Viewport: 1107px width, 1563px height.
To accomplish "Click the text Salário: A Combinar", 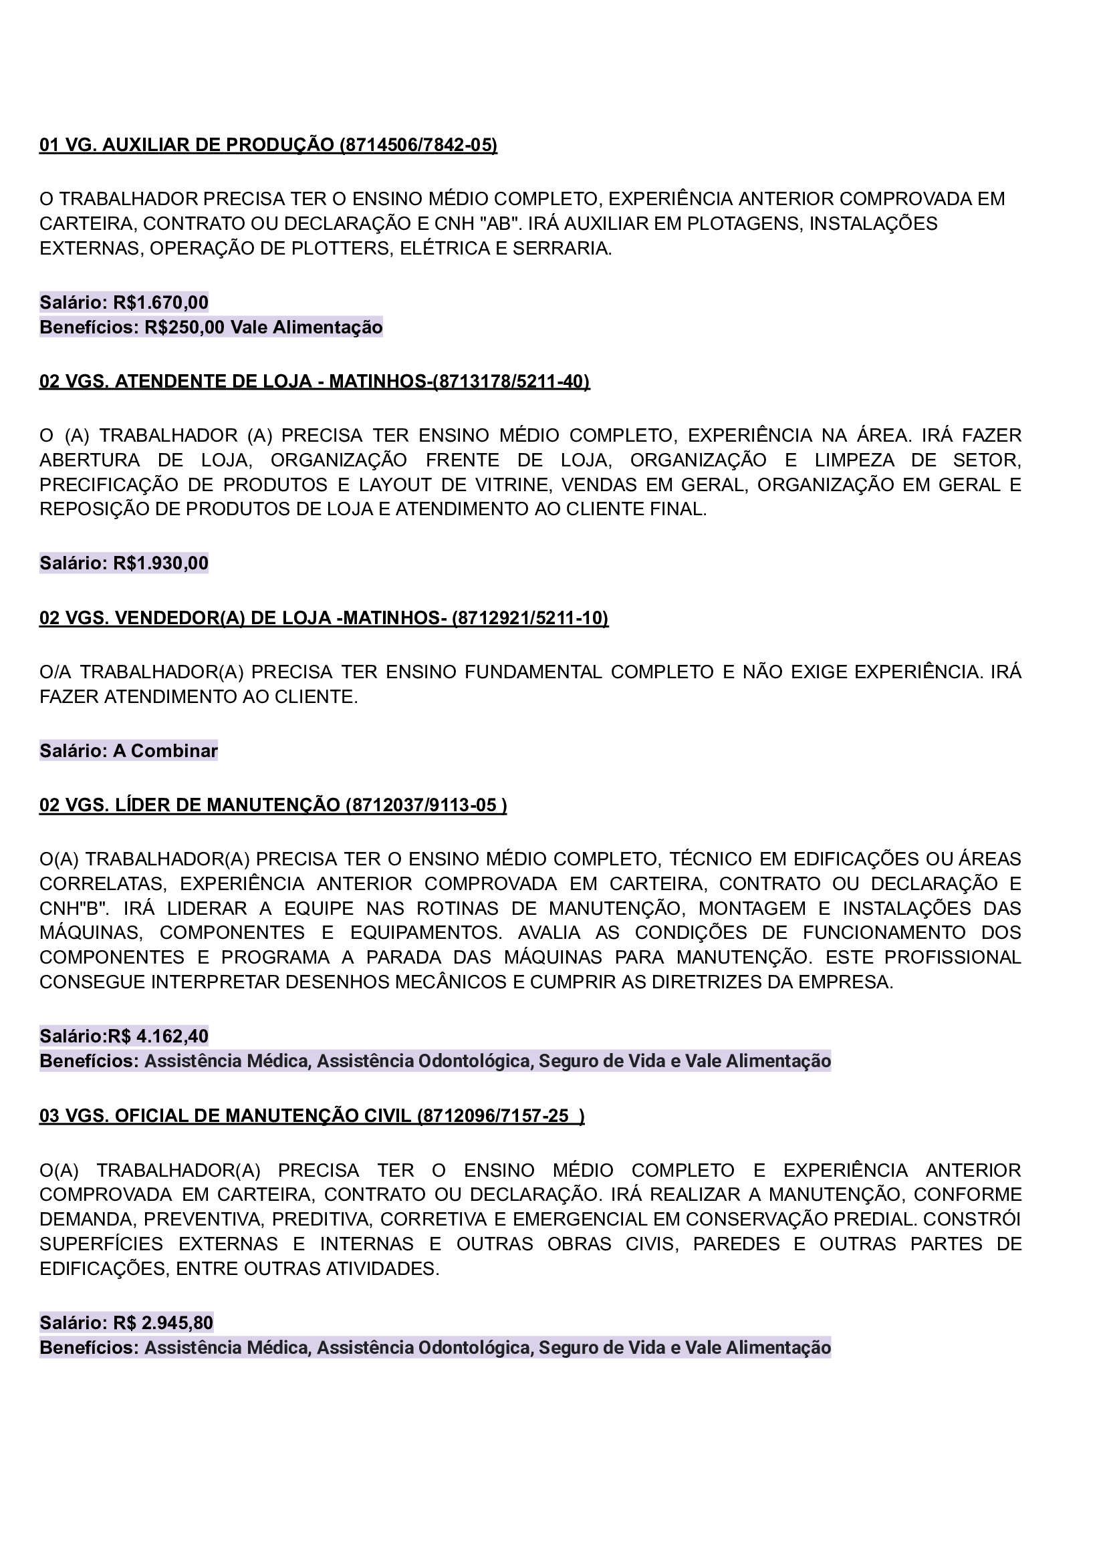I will (x=128, y=751).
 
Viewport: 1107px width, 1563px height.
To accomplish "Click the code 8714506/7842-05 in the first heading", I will (x=418, y=145).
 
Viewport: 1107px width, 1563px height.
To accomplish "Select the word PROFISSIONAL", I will (x=953, y=958).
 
